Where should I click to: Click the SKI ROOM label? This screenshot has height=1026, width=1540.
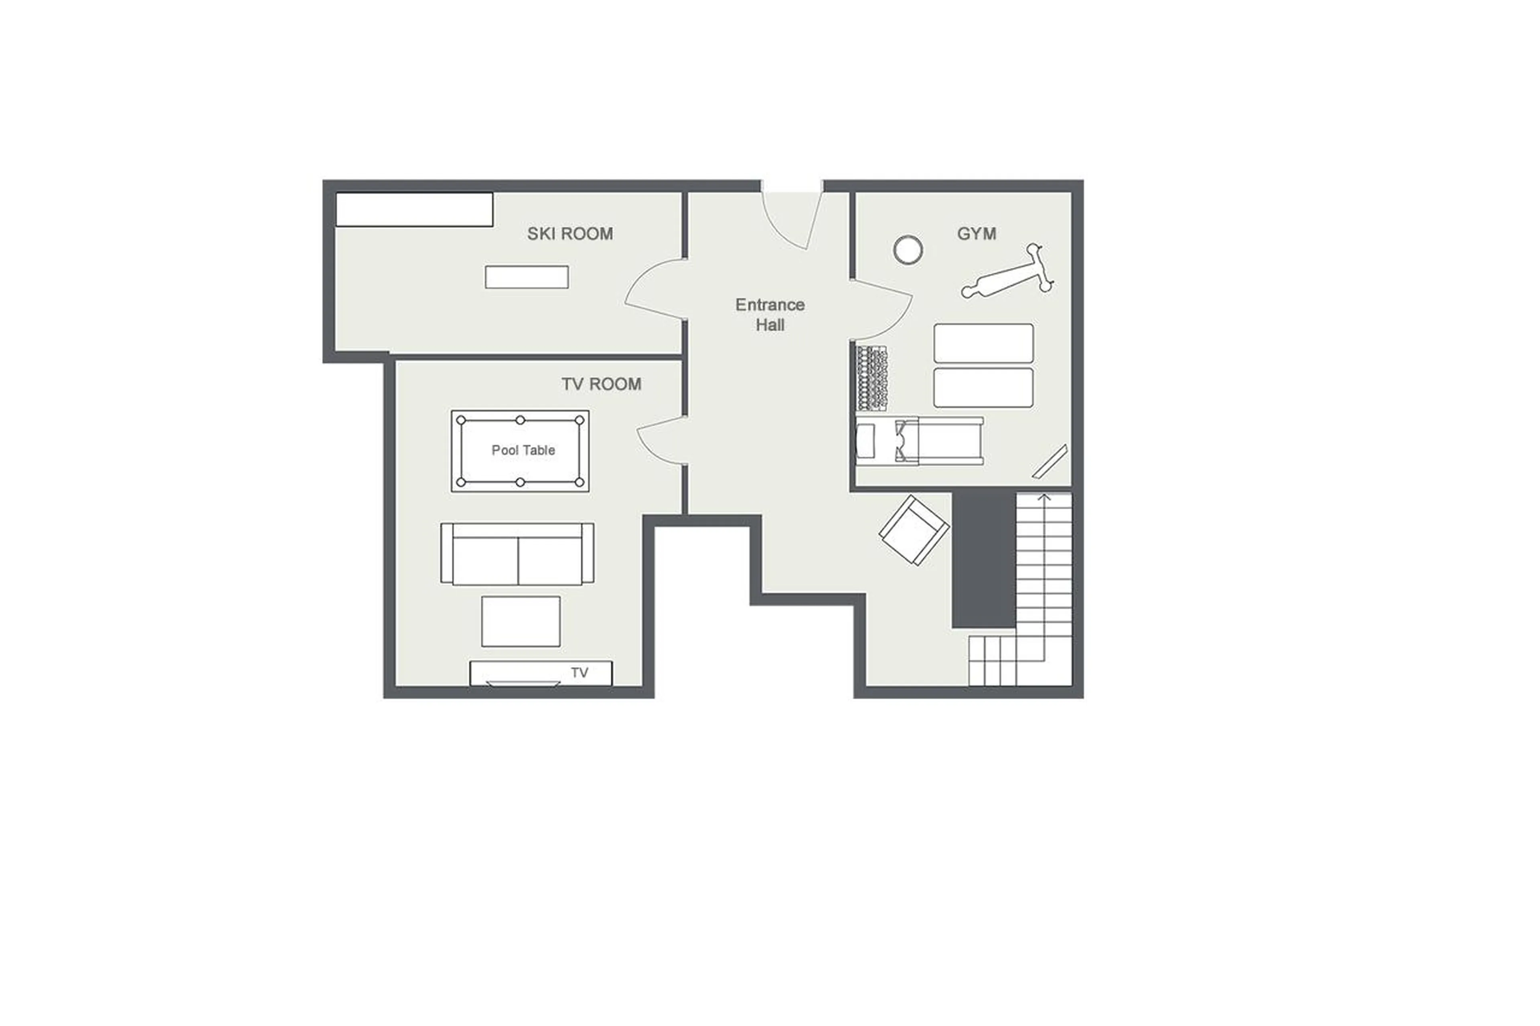(569, 234)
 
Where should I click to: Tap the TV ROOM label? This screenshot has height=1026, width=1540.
(601, 384)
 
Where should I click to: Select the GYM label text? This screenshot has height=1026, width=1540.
(976, 234)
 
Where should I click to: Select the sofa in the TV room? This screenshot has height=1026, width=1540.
(517, 554)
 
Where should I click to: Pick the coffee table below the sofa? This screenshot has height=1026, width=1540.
(520, 621)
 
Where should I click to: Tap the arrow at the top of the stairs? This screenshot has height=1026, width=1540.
(1044, 499)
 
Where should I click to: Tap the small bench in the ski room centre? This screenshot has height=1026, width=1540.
(526, 277)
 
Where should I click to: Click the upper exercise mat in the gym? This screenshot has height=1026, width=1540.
(983, 343)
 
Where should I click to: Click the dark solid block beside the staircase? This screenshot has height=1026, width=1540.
(983, 559)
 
